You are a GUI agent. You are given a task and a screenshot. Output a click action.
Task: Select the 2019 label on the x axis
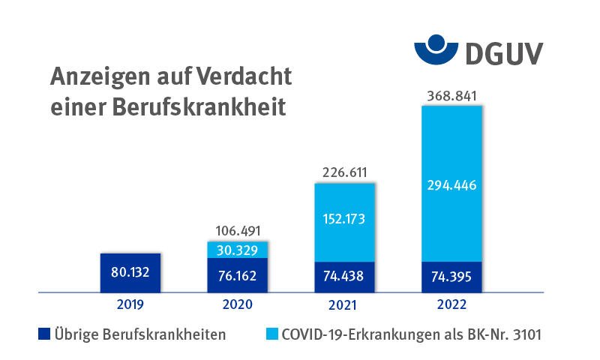(x=130, y=304)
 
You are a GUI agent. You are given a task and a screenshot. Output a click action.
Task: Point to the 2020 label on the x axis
(x=237, y=304)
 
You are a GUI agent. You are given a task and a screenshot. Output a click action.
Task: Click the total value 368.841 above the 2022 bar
(x=451, y=96)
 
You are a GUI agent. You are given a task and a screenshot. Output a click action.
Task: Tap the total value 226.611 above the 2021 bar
(x=344, y=172)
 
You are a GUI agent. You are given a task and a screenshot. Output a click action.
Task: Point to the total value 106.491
(x=237, y=231)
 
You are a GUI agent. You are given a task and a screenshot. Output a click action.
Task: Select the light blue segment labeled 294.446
(x=451, y=184)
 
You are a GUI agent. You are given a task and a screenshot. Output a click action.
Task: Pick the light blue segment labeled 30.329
(x=237, y=249)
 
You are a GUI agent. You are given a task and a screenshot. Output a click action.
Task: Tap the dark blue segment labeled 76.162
(x=237, y=275)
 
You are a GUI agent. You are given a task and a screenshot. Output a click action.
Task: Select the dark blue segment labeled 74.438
(x=344, y=276)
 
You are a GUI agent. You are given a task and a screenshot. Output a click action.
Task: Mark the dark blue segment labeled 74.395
(x=451, y=276)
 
